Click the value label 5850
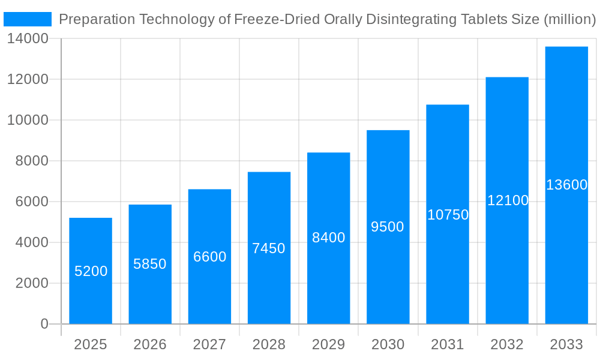tap(150, 264)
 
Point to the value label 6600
tap(209, 257)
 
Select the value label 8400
tap(329, 238)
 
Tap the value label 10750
tap(448, 215)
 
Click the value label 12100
tap(508, 200)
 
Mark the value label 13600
tap(566, 185)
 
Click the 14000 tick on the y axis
tap(28, 39)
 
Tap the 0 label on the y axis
tap(44, 324)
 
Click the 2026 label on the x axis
tap(150, 344)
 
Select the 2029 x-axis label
tap(329, 344)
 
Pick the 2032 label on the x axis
tap(507, 344)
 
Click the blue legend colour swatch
tap(28, 19)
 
